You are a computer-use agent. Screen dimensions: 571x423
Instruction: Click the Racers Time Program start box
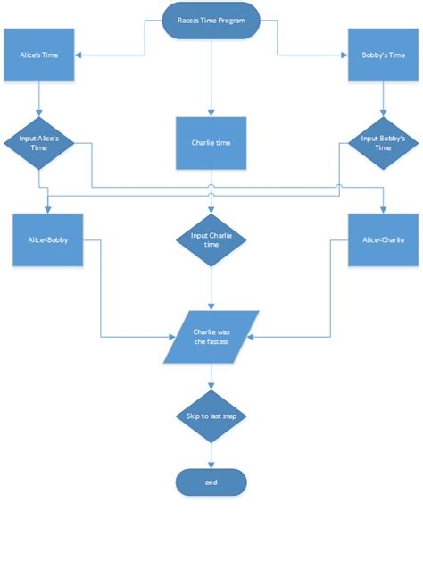[x=211, y=20]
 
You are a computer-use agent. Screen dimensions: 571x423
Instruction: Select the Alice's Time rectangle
[x=38, y=55]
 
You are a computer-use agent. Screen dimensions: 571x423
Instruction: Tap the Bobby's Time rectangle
[x=383, y=55]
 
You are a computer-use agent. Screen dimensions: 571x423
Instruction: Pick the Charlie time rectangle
[x=211, y=143]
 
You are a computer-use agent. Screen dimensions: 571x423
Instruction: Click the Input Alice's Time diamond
[x=38, y=142]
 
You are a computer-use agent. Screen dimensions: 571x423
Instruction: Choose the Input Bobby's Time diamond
[x=383, y=142]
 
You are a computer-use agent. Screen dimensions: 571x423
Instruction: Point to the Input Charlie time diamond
[x=211, y=240]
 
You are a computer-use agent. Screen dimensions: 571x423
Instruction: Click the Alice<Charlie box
[x=383, y=240]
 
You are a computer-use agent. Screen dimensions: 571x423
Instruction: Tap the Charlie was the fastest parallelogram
[x=211, y=337]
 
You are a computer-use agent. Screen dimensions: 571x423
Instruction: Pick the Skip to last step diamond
[x=211, y=416]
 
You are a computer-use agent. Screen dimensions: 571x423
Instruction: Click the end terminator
[x=211, y=483]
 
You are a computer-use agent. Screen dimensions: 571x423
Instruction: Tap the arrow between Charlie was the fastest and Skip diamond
[x=211, y=376]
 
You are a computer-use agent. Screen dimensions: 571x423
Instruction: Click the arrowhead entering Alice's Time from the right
[x=80, y=55]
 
